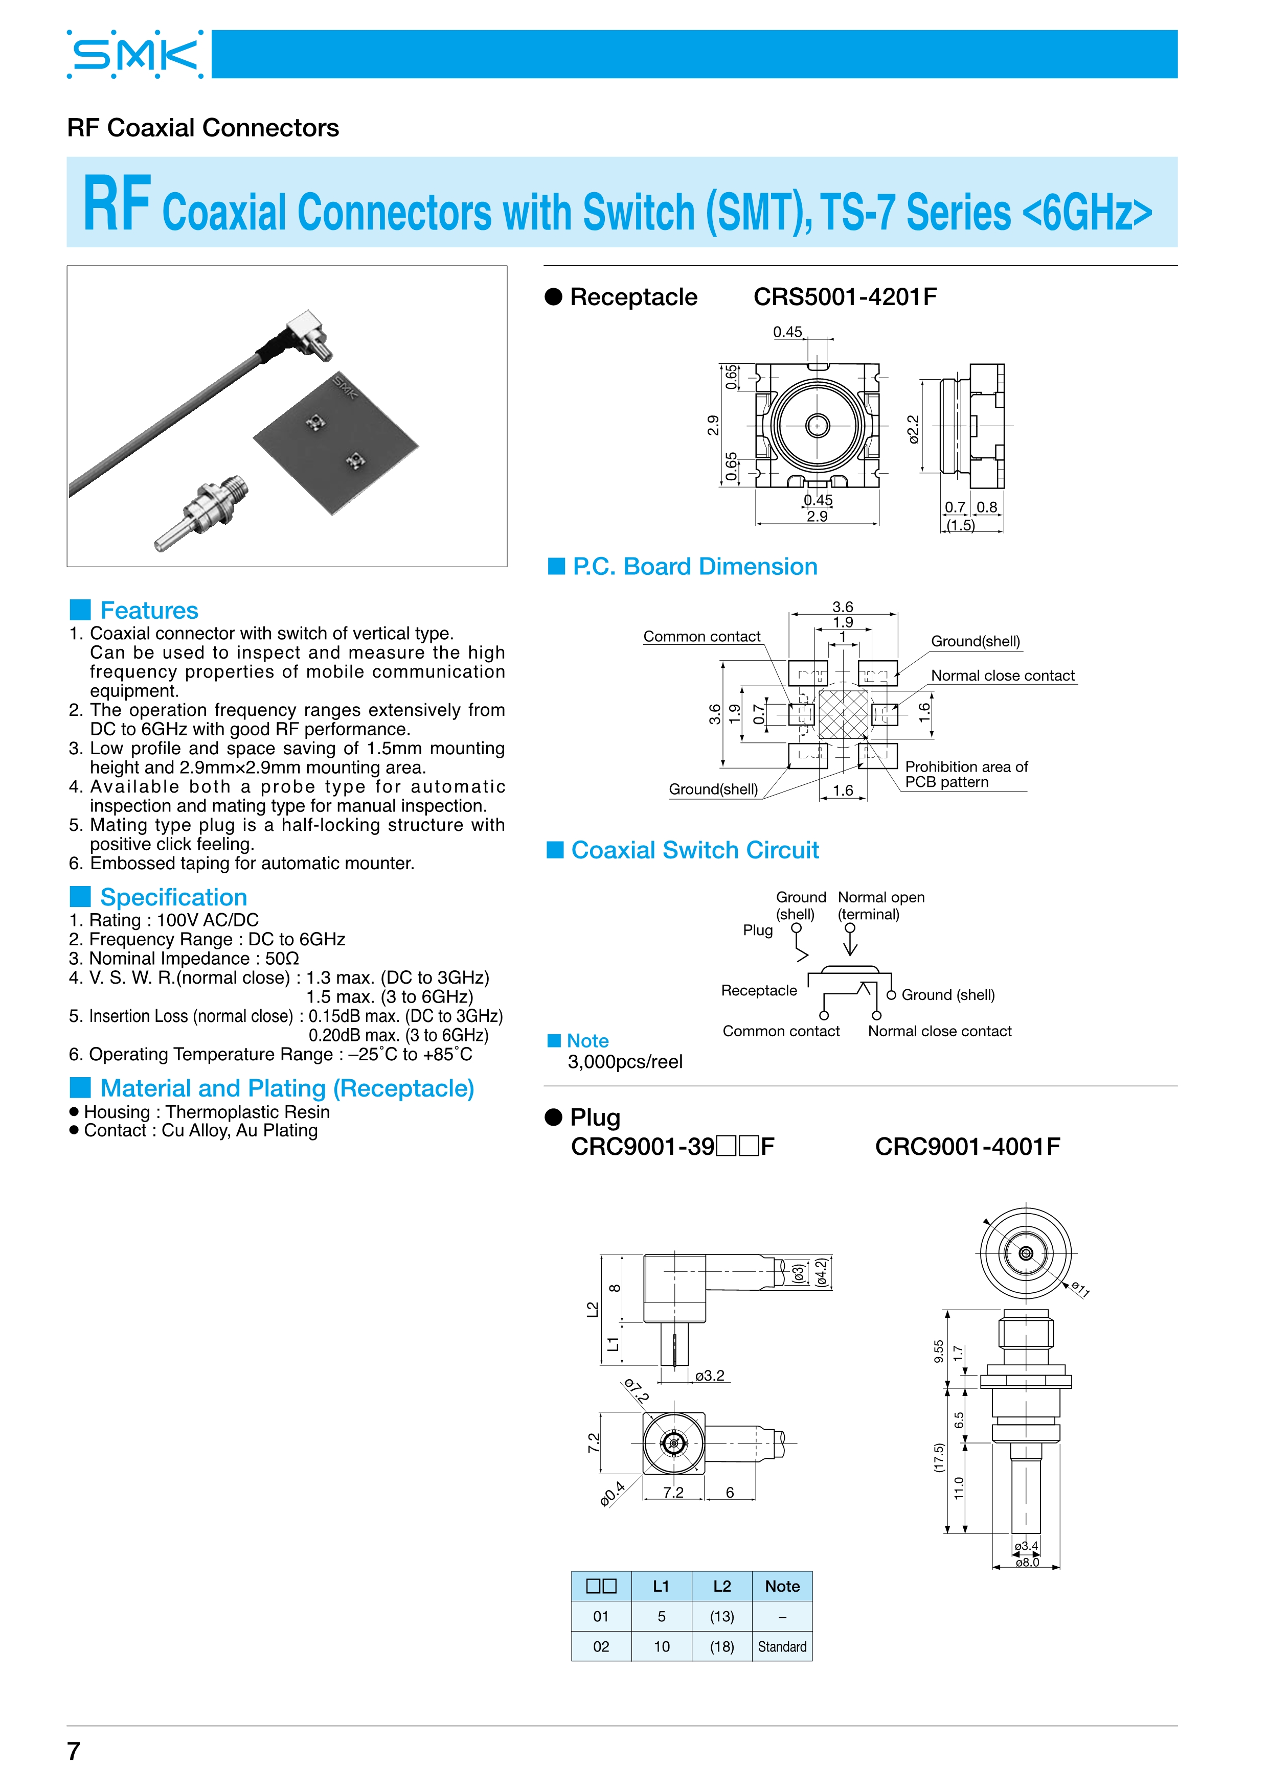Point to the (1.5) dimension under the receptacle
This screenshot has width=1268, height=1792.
[960, 525]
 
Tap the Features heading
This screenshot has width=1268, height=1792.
[148, 610]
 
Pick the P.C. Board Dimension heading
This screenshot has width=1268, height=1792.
[694, 567]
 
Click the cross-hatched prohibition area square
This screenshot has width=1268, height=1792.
[843, 714]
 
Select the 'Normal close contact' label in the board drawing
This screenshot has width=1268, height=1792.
[1003, 676]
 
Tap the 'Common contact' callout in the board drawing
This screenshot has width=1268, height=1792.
[701, 637]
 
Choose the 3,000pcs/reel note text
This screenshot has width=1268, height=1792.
[625, 1062]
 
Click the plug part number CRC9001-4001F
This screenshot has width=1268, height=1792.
[967, 1147]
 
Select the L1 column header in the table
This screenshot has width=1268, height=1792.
[661, 1586]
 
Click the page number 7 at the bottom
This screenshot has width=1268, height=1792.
[74, 1751]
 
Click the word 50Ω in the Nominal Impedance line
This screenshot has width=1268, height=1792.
[282, 959]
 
